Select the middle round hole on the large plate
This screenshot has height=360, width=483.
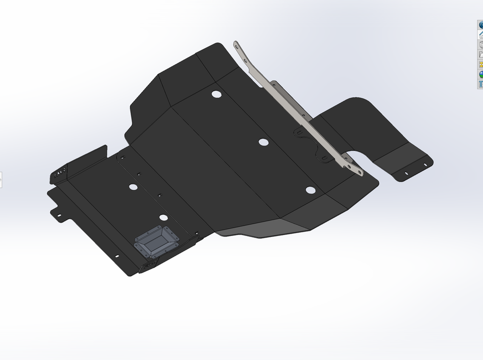[x=263, y=142]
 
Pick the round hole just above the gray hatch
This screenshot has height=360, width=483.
[x=164, y=218]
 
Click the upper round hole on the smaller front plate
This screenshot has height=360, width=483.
[x=132, y=186]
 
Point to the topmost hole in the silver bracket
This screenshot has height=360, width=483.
[x=236, y=45]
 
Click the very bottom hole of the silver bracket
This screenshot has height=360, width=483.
[x=360, y=172]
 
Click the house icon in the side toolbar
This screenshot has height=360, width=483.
[x=481, y=35]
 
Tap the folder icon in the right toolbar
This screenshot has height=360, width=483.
[x=481, y=54]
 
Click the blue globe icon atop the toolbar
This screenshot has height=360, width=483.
[x=481, y=25]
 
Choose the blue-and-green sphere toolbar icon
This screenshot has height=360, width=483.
[x=481, y=74]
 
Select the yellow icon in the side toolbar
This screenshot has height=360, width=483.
[x=481, y=64]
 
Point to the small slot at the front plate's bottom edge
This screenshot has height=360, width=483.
[x=116, y=257]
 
